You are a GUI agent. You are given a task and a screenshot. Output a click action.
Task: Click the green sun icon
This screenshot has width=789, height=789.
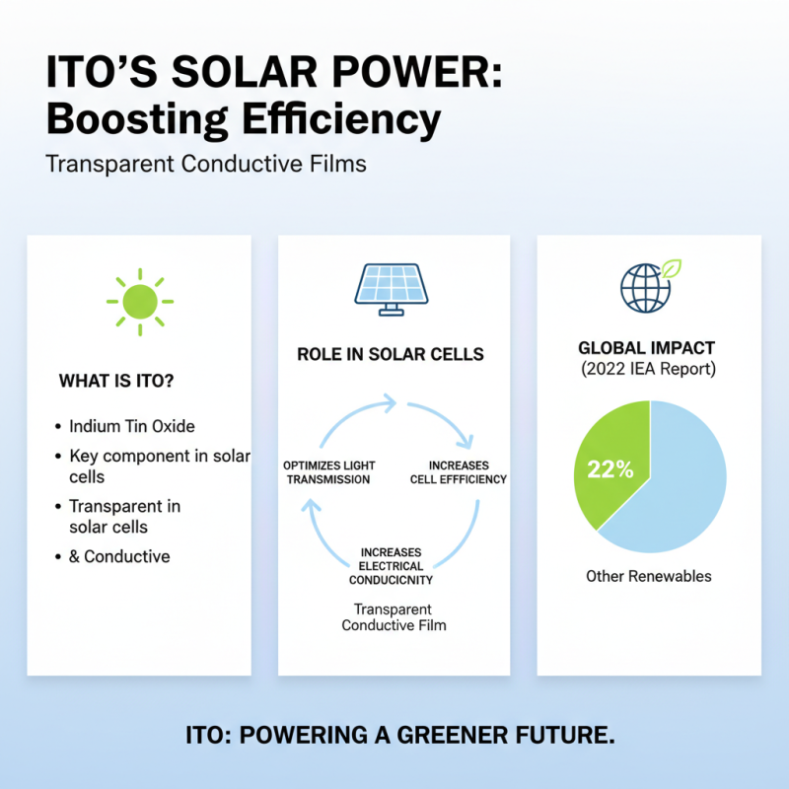pyautogui.click(x=139, y=297)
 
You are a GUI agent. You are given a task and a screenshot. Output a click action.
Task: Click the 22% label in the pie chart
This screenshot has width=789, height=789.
pyautogui.click(x=610, y=469)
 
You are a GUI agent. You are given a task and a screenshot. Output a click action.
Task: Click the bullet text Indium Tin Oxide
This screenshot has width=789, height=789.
pyautogui.click(x=132, y=427)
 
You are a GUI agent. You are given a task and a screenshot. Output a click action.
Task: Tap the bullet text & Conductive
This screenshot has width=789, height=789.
pyautogui.click(x=119, y=556)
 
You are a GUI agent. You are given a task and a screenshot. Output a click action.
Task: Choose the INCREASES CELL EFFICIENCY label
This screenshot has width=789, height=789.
pyautogui.click(x=459, y=471)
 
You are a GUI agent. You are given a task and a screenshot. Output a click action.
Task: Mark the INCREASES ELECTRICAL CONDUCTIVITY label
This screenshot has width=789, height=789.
pyautogui.click(x=392, y=566)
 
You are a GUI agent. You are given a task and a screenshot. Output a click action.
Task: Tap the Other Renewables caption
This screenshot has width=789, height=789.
pyautogui.click(x=648, y=576)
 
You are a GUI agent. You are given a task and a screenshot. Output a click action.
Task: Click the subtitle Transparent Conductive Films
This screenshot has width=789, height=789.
pyautogui.click(x=206, y=163)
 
